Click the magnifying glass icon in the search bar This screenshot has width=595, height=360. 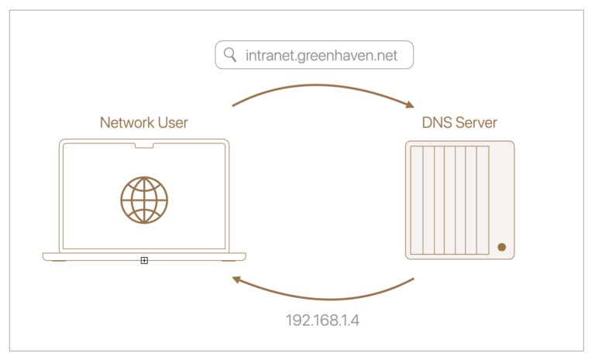(x=229, y=55)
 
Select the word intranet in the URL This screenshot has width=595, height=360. (x=269, y=55)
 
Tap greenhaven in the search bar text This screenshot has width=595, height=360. (x=335, y=55)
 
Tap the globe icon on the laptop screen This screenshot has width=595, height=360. (x=144, y=200)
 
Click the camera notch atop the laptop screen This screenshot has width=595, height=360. (x=144, y=144)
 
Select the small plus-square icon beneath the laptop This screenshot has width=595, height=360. (x=144, y=261)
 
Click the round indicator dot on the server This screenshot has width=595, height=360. (x=501, y=247)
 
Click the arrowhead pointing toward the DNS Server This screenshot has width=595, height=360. (x=408, y=106)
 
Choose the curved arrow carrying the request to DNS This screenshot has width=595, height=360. (x=322, y=86)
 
